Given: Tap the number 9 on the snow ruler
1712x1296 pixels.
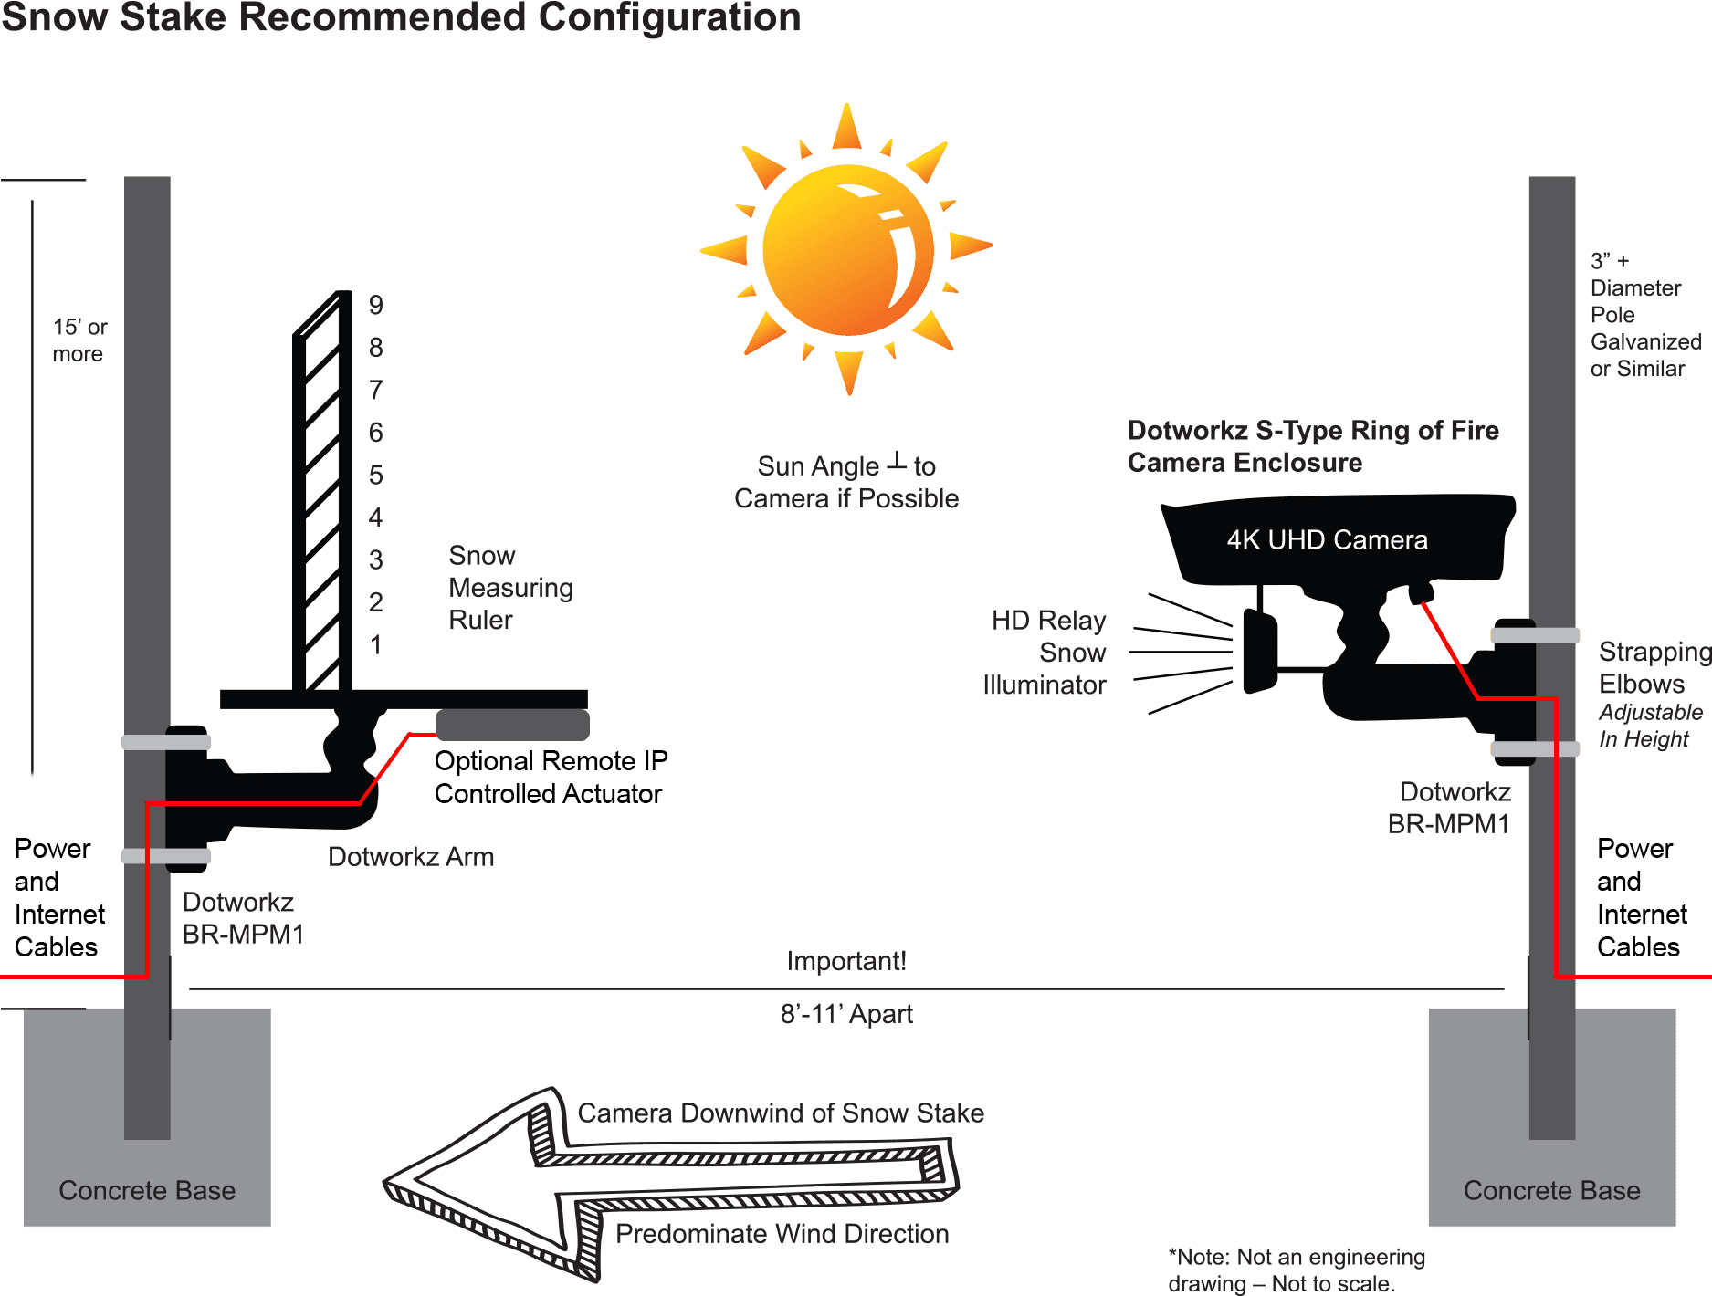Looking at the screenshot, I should coord(375,305).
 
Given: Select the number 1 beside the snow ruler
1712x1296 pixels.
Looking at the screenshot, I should coord(375,645).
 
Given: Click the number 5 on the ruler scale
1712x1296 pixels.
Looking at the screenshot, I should coord(375,476).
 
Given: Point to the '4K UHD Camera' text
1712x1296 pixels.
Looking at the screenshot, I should coord(1327,540).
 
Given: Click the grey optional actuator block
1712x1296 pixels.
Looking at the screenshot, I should coord(511,725).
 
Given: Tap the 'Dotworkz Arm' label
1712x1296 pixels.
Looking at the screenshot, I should coord(411,857).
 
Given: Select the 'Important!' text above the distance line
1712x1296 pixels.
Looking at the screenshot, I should coord(846,961).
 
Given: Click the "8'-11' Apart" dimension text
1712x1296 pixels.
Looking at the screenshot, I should coord(846,1014).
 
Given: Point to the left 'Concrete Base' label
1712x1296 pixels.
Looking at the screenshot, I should coord(147,1191).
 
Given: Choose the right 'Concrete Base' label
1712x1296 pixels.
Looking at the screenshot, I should coord(1551,1191).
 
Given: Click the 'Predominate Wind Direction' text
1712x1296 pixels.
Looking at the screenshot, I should coord(782,1234).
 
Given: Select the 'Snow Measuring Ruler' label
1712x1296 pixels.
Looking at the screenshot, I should coord(509,588).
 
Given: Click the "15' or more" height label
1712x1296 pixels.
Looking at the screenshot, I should coord(79,340).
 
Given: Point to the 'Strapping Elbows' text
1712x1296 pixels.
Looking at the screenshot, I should coord(1653,667).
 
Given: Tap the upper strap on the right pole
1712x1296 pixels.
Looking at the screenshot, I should coord(1535,635).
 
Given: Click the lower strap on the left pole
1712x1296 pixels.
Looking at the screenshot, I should coord(166,856).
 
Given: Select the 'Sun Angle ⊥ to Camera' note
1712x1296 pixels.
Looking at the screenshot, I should coord(846,483).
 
